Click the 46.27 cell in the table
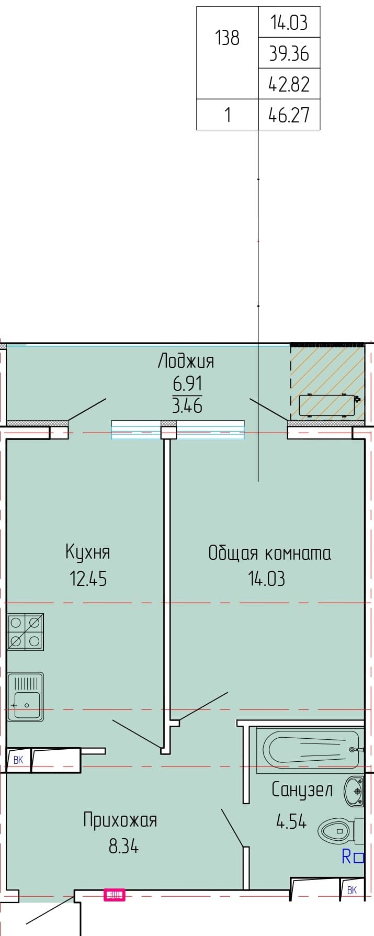[289, 115]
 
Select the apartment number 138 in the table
[228, 38]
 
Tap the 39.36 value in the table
[289, 53]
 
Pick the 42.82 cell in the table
[289, 84]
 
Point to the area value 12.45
[88, 578]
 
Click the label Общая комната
[269, 552]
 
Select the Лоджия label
[186, 362]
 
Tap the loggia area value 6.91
[187, 384]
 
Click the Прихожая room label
[120, 820]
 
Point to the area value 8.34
[123, 845]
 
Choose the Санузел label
[302, 790]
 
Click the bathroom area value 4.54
[291, 821]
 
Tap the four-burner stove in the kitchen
[25, 632]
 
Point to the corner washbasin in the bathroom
[354, 791]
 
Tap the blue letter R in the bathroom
[346, 857]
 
